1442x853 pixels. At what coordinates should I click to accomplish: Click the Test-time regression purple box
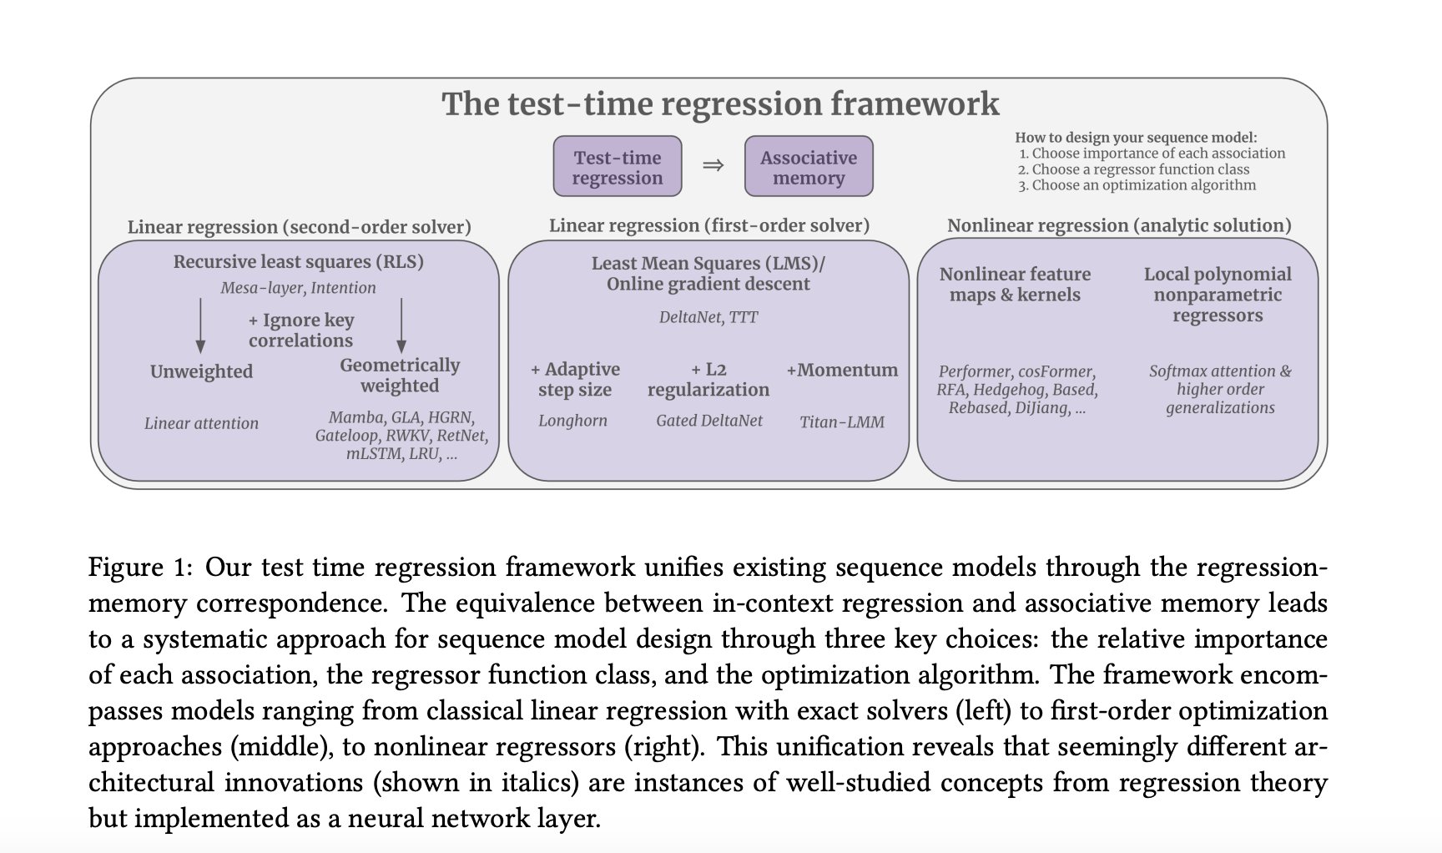(618, 167)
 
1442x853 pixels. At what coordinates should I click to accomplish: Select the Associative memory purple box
(808, 167)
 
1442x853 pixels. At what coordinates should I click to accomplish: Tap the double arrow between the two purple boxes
(713, 165)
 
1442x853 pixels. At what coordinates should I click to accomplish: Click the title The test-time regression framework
(719, 104)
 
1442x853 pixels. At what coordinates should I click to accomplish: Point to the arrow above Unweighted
(200, 326)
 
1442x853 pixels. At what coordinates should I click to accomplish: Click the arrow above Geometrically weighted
(401, 326)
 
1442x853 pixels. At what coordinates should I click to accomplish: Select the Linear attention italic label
(201, 423)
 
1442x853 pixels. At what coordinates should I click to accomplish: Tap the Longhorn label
(572, 421)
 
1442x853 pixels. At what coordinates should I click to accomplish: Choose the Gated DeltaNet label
(708, 421)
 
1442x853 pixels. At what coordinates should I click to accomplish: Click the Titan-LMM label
(841, 422)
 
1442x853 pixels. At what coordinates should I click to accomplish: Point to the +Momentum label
(842, 370)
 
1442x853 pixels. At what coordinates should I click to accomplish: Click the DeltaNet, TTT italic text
(708, 317)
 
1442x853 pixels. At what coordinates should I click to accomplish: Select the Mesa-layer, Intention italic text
(298, 288)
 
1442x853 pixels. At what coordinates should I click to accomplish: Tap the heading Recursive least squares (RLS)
(298, 262)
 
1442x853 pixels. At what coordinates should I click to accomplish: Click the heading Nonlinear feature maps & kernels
(1015, 285)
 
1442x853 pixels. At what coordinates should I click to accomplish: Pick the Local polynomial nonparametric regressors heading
(1217, 295)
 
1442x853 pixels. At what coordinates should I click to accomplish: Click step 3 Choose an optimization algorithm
(1137, 185)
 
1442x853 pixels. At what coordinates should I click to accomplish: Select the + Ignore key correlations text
(300, 331)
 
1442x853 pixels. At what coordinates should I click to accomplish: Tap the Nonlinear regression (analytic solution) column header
(1118, 225)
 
